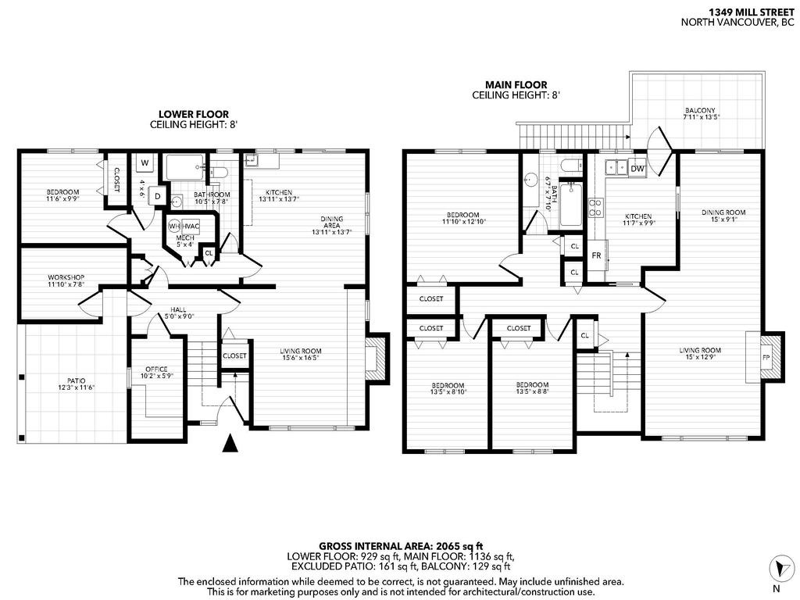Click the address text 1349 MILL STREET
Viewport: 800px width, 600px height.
click(746, 12)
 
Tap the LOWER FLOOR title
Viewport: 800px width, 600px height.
click(194, 114)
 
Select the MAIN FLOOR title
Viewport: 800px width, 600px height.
click(516, 85)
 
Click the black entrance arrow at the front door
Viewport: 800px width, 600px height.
click(229, 443)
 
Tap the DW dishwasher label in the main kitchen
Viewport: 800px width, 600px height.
click(637, 168)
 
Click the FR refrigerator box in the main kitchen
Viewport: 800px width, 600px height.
click(596, 255)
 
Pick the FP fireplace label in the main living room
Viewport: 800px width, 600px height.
click(766, 359)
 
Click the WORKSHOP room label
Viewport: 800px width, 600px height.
click(66, 277)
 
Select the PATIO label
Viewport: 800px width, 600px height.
click(76, 384)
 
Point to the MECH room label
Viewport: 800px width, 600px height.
click(185, 237)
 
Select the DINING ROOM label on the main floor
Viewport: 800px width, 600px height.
click(723, 212)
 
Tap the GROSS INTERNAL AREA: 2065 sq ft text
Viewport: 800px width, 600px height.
click(401, 545)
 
